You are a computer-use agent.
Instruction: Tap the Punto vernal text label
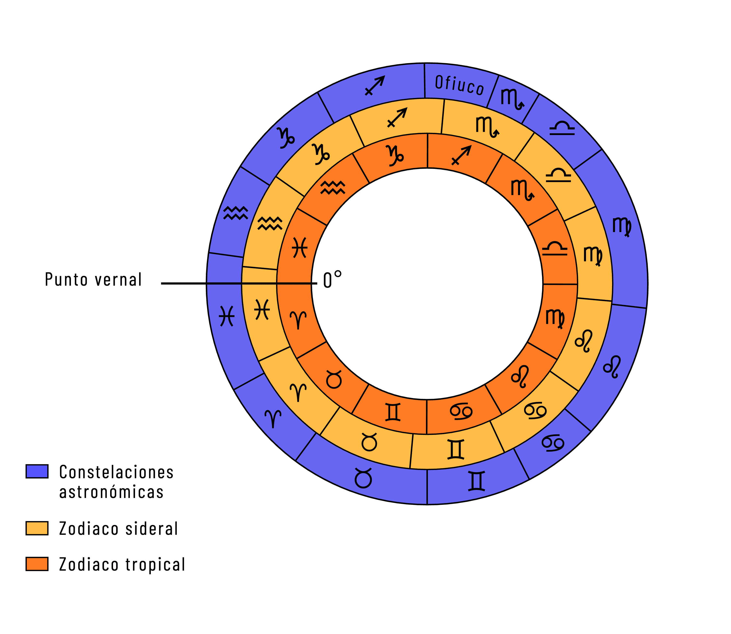(x=93, y=280)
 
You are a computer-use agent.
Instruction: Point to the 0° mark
(x=332, y=280)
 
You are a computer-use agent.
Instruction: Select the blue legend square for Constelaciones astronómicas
(x=37, y=471)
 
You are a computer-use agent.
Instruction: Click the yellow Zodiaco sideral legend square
(x=37, y=528)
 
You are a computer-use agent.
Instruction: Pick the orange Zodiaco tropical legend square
(x=37, y=564)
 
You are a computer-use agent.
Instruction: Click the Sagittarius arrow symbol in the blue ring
(x=375, y=86)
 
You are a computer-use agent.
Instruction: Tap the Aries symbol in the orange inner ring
(x=298, y=320)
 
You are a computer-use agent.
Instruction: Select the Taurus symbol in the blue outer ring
(x=363, y=478)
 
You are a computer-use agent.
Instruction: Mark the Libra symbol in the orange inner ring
(x=555, y=249)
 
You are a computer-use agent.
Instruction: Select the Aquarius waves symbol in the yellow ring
(x=270, y=223)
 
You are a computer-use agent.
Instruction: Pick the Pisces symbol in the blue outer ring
(x=226, y=316)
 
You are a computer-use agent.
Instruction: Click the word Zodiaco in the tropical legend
(x=88, y=564)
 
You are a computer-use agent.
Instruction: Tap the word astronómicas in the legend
(x=111, y=492)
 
